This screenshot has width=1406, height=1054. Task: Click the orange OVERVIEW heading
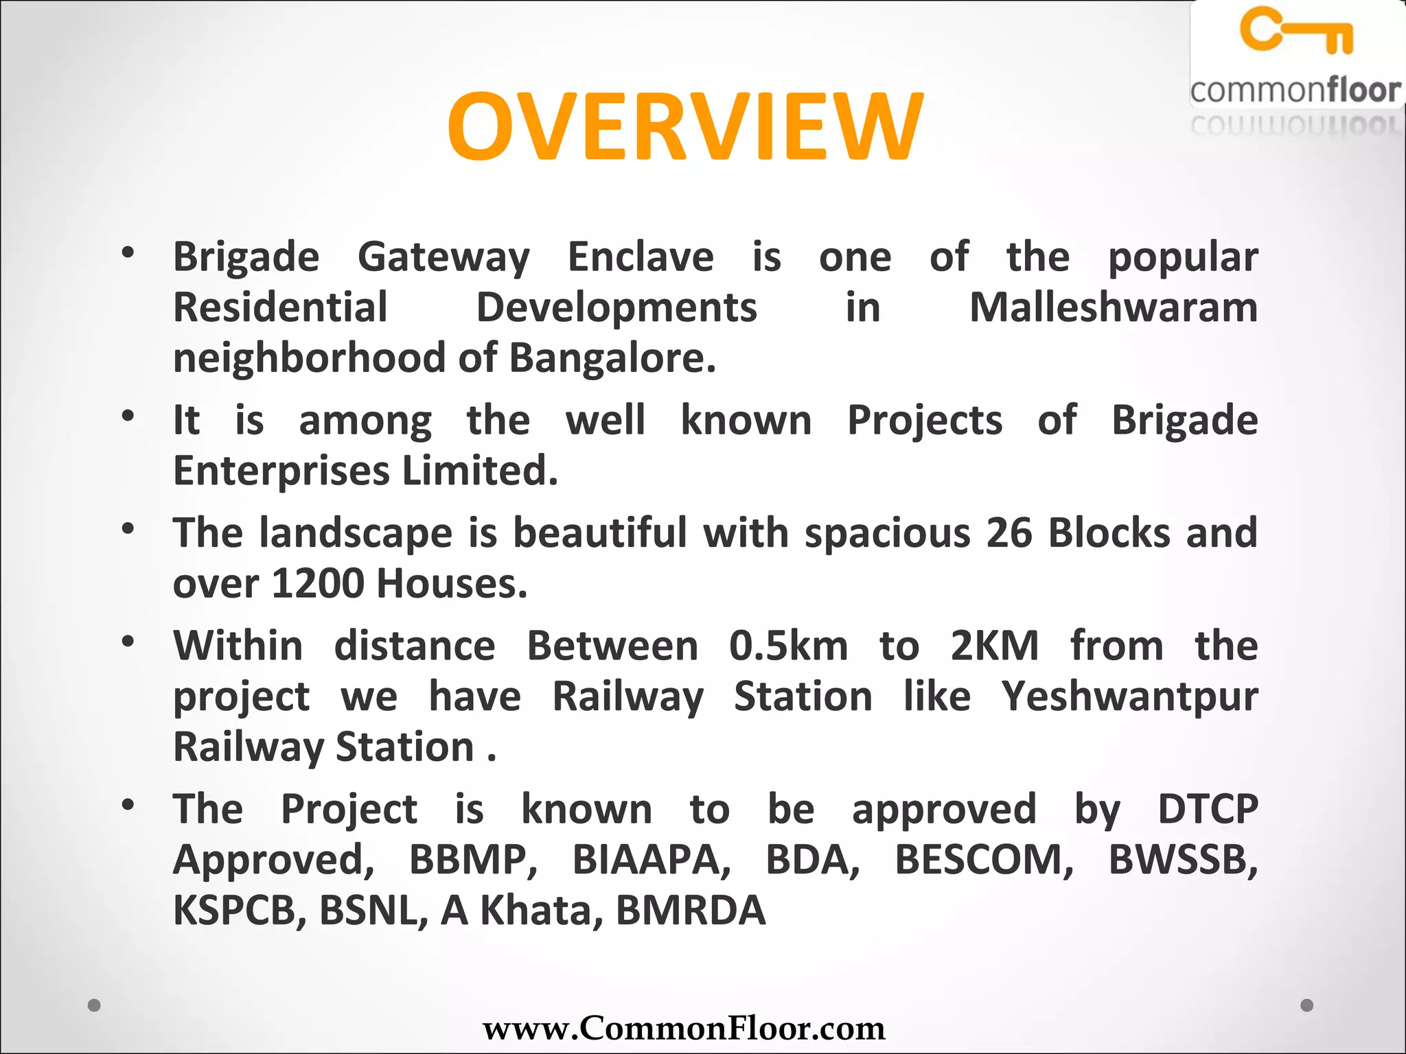[685, 127]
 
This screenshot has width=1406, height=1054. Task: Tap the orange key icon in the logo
[1296, 30]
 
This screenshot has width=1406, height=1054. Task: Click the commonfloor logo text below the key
[1295, 91]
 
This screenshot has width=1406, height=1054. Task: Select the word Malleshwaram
[1113, 307]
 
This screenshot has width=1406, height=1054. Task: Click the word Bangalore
[612, 358]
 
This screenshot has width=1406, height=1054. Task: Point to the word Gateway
[443, 257]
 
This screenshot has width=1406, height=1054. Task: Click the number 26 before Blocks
[1009, 532]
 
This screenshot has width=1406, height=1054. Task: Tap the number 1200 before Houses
[317, 583]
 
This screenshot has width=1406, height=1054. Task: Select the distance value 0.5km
[788, 646]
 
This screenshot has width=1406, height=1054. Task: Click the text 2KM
[994, 646]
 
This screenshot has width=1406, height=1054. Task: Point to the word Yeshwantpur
[1129, 696]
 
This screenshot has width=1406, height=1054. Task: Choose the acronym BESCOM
[984, 859]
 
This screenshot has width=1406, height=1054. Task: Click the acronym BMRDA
[691, 911]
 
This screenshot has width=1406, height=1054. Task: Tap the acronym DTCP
[1208, 809]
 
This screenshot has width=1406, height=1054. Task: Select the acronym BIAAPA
[652, 859]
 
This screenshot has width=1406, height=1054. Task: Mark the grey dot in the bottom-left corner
[95, 1005]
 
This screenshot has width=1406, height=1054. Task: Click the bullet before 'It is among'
[128, 416]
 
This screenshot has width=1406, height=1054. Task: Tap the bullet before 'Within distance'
[128, 642]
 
